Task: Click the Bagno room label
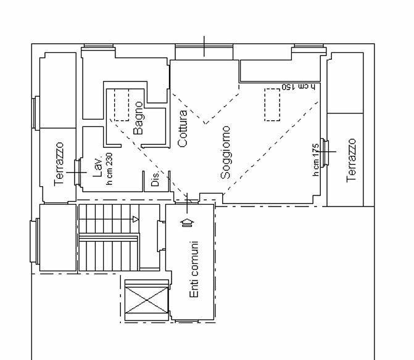point(138,118)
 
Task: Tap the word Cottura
point(183,128)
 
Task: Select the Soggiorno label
point(225,153)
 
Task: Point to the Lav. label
point(97,168)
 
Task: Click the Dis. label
point(155,179)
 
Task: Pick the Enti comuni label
point(194,269)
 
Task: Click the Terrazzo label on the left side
point(59,165)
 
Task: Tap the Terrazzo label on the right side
point(351,160)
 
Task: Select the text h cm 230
point(109,169)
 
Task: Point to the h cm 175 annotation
point(316,160)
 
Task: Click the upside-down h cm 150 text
point(299,87)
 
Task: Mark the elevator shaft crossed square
point(146,300)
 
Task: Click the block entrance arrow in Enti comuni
point(187,223)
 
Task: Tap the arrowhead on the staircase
point(136,219)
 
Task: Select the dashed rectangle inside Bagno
point(122,105)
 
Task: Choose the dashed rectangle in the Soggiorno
point(272,105)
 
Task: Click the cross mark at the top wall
point(204,46)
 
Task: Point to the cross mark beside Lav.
point(77,173)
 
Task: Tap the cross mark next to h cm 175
point(325,152)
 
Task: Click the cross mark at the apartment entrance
point(187,203)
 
